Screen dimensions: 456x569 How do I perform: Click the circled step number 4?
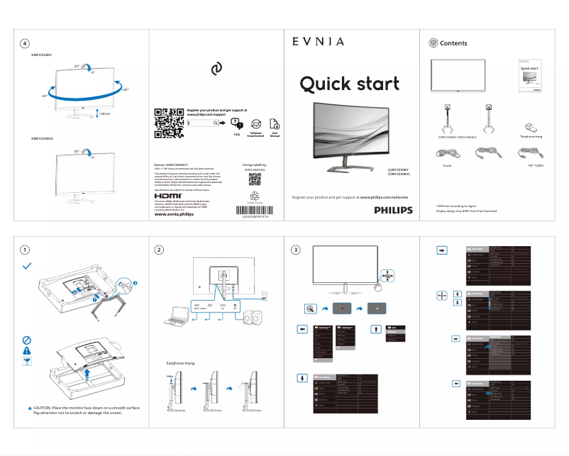click(x=26, y=43)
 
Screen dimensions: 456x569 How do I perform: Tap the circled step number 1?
click(x=26, y=250)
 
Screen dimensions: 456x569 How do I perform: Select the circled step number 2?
click(x=160, y=250)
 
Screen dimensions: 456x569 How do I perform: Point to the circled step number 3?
click(x=296, y=250)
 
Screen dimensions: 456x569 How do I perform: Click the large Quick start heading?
click(x=349, y=84)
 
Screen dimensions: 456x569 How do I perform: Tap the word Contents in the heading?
click(x=453, y=43)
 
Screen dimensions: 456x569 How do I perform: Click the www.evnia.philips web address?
click(x=174, y=214)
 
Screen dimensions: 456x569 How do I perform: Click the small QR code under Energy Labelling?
click(x=254, y=178)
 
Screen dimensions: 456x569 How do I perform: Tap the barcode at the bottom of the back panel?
click(x=254, y=209)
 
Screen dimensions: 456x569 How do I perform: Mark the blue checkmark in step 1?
click(x=27, y=265)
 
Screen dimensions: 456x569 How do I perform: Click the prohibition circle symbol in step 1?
click(x=26, y=340)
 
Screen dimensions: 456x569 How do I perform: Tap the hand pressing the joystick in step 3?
click(x=384, y=286)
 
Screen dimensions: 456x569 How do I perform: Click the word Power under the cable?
click(x=447, y=165)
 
